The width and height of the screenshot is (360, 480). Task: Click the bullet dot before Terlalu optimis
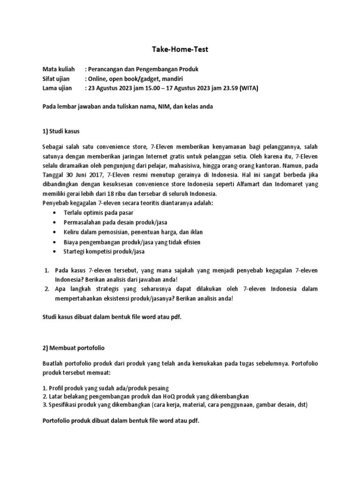[x=56, y=212]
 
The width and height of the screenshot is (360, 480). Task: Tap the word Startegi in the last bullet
[x=75, y=251]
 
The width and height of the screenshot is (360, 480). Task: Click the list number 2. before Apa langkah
[x=47, y=289]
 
